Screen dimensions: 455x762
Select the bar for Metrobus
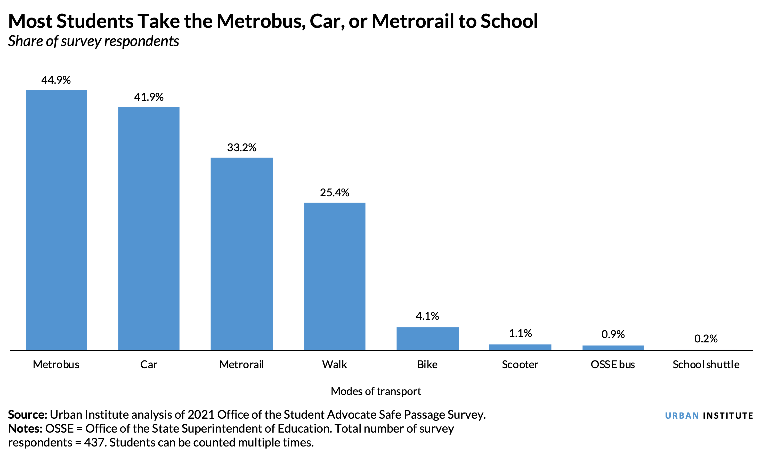tap(56, 220)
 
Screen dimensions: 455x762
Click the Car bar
tap(149, 229)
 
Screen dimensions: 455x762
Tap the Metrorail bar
tap(241, 254)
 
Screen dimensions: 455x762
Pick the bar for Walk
tap(335, 276)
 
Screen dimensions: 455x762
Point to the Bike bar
tap(427, 339)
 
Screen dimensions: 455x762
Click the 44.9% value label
tap(56, 80)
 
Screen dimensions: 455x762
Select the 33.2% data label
tap(241, 147)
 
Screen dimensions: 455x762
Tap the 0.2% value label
tap(706, 339)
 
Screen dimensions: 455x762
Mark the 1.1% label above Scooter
tap(520, 333)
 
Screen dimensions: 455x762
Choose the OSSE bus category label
tap(613, 365)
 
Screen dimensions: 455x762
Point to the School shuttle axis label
tap(706, 365)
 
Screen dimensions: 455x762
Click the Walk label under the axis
tap(335, 365)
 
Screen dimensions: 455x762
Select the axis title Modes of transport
tap(376, 391)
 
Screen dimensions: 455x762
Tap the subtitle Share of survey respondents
tap(94, 41)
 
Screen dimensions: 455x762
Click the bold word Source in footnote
tap(27, 415)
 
